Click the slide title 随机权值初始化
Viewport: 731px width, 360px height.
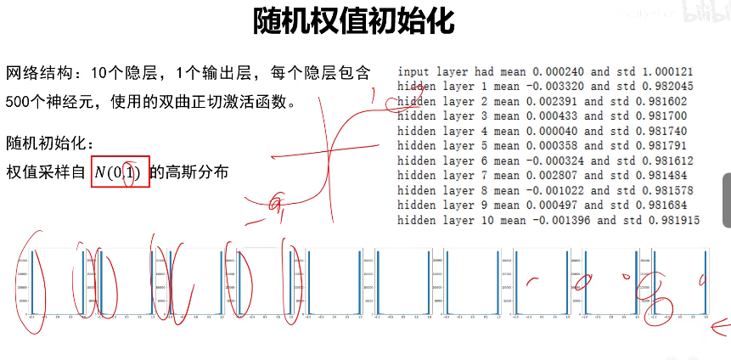coord(354,20)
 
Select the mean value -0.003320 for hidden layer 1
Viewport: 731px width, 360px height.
coord(557,86)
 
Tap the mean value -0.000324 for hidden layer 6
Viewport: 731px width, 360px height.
coord(557,160)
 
